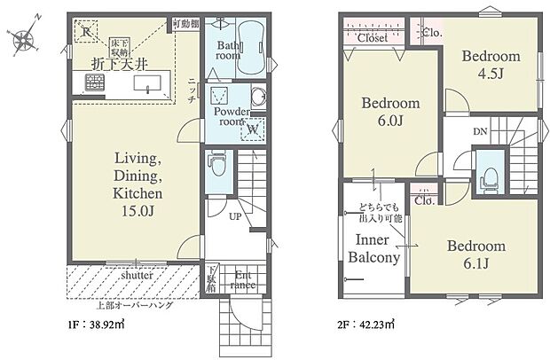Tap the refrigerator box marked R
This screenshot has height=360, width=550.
85,32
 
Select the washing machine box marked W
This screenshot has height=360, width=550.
252,128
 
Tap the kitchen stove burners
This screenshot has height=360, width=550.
93,83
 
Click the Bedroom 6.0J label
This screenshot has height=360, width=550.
390,112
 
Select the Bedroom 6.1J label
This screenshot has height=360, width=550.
476,254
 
